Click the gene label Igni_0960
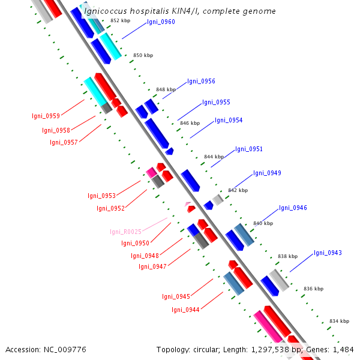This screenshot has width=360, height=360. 161,22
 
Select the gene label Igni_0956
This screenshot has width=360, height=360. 201,82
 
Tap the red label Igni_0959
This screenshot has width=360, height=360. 46,116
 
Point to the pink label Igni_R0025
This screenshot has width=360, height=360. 125,232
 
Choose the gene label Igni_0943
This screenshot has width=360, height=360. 328,253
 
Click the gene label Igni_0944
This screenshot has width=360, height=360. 185,310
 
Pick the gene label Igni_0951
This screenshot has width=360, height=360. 249,149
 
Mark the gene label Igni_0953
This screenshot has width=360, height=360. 101,196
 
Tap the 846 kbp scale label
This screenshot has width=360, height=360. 190,123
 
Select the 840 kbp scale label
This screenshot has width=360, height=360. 263,223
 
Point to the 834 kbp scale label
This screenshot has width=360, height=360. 339,322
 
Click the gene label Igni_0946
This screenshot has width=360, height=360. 293,208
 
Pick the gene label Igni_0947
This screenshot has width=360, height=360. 152,267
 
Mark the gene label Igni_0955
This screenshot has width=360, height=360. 216,103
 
